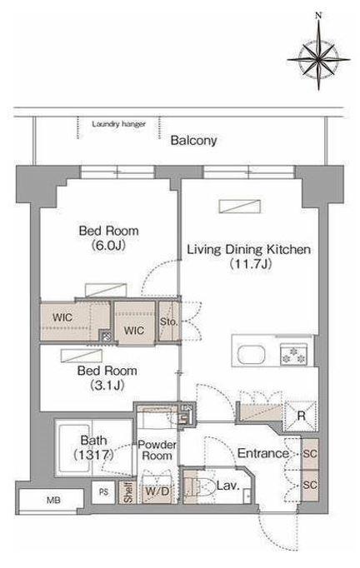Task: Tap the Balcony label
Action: [193, 141]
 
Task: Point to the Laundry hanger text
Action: [118, 124]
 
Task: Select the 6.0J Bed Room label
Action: [108, 238]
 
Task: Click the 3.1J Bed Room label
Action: [107, 378]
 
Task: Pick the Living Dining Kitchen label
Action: [248, 257]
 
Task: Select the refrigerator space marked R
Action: [301, 416]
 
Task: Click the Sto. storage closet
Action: [169, 321]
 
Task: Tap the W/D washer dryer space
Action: [157, 492]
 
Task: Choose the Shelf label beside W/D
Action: [127, 492]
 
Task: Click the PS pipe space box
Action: [103, 492]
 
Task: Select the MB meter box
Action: [51, 501]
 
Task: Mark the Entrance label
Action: [262, 453]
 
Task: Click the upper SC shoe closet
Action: [310, 454]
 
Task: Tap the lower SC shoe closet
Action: [310, 485]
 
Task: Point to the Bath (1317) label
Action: [93, 448]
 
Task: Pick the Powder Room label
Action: [157, 451]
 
